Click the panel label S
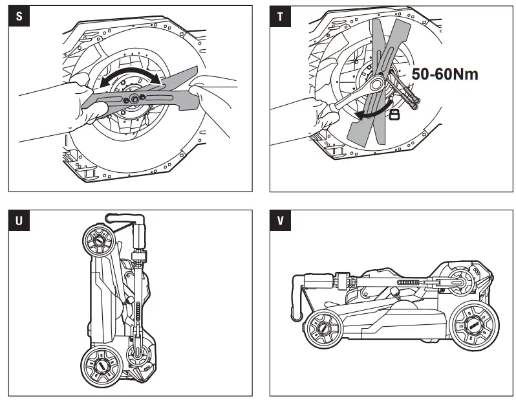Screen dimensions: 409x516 coord(17,16)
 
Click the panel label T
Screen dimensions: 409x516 coord(279,16)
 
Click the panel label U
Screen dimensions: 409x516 coord(17,221)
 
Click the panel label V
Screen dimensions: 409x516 coord(279,221)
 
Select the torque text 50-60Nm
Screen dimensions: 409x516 coord(445,74)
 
